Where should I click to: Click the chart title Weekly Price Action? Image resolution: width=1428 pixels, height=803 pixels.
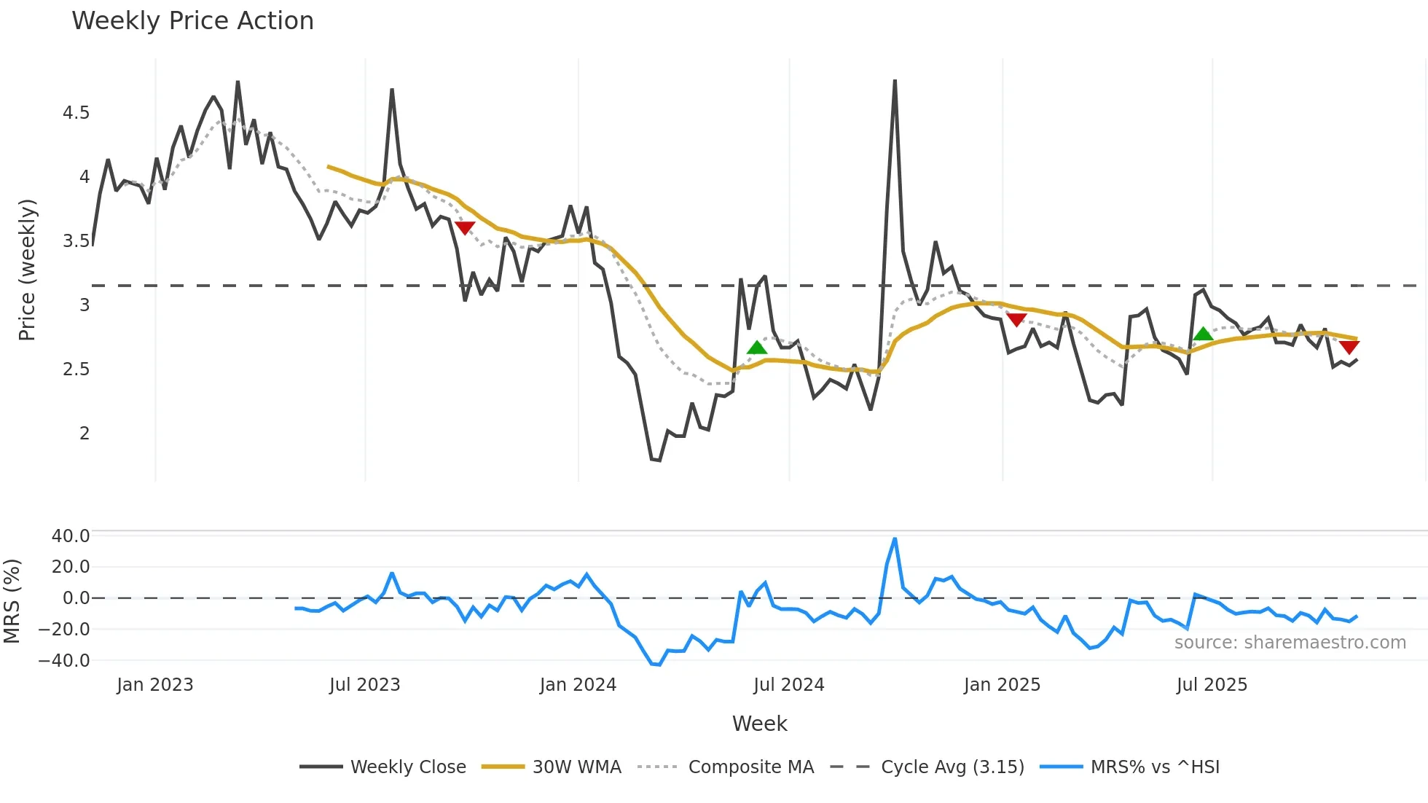(x=192, y=21)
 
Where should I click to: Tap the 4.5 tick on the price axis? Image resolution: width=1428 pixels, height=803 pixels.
(x=76, y=113)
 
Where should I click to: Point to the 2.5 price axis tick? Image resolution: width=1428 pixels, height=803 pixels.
(x=76, y=369)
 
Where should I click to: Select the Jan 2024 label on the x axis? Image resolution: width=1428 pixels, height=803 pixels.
(x=578, y=685)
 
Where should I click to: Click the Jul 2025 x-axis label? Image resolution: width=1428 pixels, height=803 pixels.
(x=1212, y=685)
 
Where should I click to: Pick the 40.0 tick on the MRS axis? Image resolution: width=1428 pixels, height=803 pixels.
(x=71, y=536)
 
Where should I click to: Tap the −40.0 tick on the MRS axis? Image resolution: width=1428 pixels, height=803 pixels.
(x=64, y=661)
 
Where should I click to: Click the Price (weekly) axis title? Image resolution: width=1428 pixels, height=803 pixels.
(x=27, y=270)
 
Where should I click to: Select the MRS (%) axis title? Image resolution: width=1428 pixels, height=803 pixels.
(x=12, y=601)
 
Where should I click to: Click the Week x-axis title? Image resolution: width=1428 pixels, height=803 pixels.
(x=759, y=724)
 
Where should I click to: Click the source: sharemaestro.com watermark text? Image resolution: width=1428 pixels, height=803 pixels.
(x=1290, y=643)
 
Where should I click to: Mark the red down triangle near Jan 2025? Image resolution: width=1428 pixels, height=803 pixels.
(x=1016, y=319)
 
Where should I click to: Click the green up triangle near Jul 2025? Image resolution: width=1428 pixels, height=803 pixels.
(x=1203, y=334)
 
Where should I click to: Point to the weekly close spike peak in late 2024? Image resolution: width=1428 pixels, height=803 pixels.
(x=895, y=81)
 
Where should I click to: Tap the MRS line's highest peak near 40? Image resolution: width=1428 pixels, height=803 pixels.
(x=895, y=539)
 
